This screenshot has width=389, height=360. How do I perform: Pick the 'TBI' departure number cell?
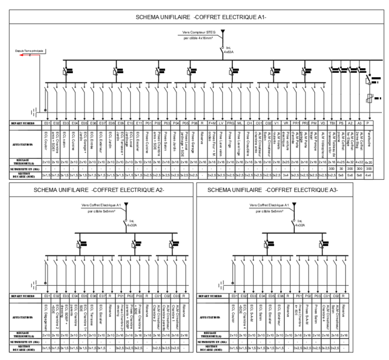pyautogui.click(x=332, y=124)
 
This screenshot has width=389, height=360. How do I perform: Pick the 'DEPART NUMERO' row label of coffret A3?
pyautogui.click(x=213, y=296)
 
